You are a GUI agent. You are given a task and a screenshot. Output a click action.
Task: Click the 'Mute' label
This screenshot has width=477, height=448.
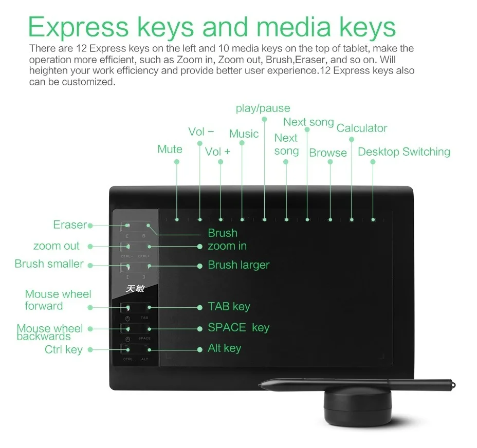pos(170,150)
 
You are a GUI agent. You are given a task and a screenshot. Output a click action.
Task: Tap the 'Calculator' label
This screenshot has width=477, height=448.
pos(361,128)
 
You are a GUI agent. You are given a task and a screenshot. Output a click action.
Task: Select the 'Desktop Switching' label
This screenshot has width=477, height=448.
pos(403,152)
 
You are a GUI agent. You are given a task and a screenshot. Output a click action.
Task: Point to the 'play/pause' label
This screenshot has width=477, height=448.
pos(263,108)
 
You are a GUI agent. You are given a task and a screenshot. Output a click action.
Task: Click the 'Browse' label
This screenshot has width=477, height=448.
pos(328,153)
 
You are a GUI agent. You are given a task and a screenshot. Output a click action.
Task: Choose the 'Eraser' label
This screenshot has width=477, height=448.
pos(70,225)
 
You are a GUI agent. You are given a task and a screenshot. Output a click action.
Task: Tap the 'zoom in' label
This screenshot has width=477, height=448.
pos(227,246)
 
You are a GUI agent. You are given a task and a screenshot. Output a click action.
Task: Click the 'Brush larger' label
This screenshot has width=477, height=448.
pos(238,265)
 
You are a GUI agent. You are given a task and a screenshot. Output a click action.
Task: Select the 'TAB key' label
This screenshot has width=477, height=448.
pos(229,307)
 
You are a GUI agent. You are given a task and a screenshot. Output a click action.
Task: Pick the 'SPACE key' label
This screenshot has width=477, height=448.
pos(238,328)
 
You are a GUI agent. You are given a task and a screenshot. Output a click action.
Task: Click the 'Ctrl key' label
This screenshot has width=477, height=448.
pos(63,350)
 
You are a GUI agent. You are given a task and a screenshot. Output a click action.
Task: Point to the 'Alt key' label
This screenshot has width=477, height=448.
pos(224,348)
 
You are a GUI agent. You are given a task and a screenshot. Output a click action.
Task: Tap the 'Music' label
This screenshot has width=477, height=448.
pos(244,134)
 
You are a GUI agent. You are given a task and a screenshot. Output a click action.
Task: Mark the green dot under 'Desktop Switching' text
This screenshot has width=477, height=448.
pos(373,162)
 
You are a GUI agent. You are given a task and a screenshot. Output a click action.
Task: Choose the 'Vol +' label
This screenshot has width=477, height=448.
pos(217,152)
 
